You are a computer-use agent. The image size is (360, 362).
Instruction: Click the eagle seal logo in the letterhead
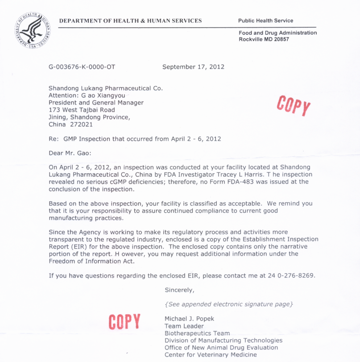pos(33,30)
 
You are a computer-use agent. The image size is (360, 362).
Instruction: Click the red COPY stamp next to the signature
pos(124,321)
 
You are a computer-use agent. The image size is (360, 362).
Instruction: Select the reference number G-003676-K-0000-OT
pos(82,67)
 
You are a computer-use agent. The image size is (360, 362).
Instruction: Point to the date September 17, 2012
pos(193,67)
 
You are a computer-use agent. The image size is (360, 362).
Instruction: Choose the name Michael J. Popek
pos(189,319)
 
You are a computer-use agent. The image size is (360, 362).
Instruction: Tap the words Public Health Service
pos(265,21)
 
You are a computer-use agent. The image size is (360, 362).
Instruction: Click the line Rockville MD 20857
pos(264,39)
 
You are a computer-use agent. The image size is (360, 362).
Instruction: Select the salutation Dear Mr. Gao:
pos(70,153)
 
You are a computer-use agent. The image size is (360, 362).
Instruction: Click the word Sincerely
pos(179,290)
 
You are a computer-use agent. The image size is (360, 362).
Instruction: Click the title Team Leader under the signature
pos(184,326)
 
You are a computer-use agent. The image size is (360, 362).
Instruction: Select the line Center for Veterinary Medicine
pos(211,354)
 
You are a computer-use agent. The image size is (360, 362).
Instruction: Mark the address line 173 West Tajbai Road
pos(82,110)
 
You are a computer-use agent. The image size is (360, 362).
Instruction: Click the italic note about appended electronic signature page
pos(229,304)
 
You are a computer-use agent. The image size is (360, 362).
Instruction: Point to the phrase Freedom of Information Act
pos(91,261)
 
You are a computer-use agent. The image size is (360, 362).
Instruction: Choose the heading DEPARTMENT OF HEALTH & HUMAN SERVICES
pos(130,21)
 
